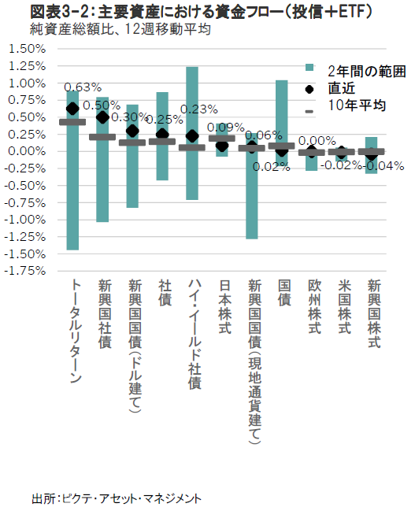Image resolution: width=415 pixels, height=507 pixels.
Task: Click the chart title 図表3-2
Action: pos(61,12)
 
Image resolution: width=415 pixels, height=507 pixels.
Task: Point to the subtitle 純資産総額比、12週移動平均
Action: pos(120,29)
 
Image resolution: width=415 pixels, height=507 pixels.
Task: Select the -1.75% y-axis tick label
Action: pos(25,271)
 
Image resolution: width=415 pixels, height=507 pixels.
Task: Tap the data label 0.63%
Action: pos(83,87)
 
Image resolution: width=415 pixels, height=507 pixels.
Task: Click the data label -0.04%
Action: pos(384,166)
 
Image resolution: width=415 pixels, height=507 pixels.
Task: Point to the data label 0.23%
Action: pos(199,109)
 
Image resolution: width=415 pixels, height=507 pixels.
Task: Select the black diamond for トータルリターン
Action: pos(72,109)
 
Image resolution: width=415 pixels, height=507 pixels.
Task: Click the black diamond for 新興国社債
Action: pos(102,117)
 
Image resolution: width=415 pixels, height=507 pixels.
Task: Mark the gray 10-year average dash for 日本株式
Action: pos(222,139)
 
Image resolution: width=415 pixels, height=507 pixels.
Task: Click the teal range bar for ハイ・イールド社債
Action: pos(192,133)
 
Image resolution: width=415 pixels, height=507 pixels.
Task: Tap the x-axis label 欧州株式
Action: pos(314,306)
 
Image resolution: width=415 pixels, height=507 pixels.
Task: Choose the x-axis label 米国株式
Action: pos(344,306)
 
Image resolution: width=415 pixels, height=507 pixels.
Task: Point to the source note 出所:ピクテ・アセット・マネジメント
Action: pos(117,498)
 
